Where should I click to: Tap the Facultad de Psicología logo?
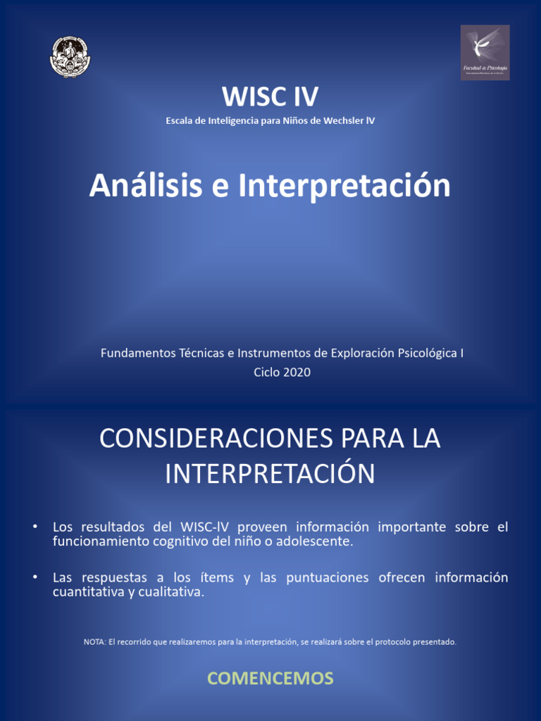click(x=485, y=53)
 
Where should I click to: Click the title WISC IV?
click(x=270, y=96)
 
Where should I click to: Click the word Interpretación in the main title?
click(x=344, y=186)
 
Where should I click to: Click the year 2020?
click(x=296, y=372)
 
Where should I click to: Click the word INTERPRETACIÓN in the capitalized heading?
click(x=270, y=473)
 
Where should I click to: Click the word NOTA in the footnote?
click(x=94, y=641)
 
